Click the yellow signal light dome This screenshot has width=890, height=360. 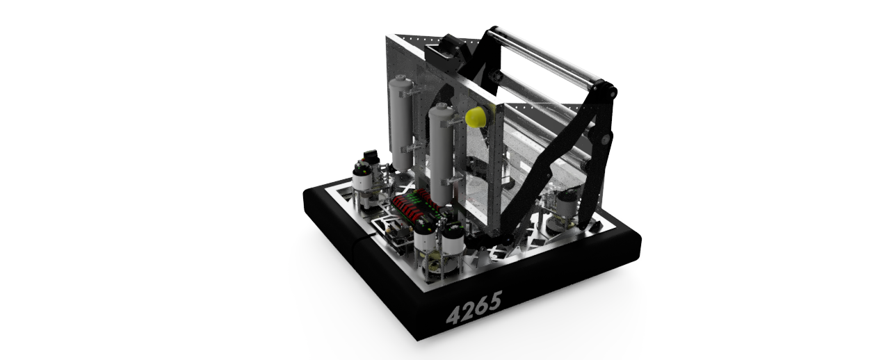click(476, 117)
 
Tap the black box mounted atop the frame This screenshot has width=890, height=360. click(445, 53)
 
